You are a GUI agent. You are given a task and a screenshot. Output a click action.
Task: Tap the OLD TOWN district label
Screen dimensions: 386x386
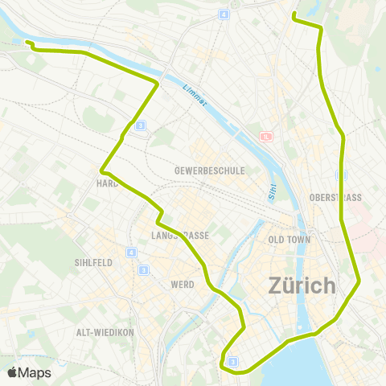click(x=288, y=240)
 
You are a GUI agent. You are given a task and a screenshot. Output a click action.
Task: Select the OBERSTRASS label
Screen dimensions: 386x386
click(x=335, y=197)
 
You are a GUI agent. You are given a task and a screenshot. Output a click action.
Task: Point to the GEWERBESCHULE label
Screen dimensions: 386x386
click(x=208, y=171)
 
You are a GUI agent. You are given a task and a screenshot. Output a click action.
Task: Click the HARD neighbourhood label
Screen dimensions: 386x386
click(x=107, y=183)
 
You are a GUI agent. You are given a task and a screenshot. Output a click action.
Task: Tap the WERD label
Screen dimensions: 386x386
click(x=183, y=284)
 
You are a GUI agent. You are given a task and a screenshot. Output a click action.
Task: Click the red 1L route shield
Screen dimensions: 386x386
click(x=266, y=137)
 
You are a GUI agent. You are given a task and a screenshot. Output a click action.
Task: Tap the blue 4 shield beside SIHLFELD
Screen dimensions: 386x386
click(x=130, y=253)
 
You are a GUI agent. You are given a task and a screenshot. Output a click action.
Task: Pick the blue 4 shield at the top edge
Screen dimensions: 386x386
click(x=223, y=14)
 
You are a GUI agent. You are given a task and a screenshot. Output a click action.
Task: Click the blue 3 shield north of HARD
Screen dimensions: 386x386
click(x=140, y=125)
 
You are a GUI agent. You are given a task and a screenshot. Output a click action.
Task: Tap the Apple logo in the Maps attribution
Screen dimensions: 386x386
click(x=13, y=372)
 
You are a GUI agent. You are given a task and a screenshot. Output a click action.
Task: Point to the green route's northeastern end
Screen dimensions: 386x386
click(x=294, y=15)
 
